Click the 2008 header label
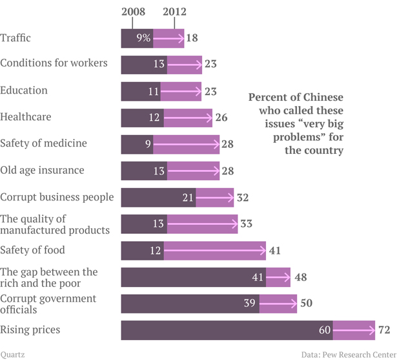tap(133, 12)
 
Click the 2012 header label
tap(174, 12)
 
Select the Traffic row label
tap(15, 38)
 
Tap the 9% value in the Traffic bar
tap(143, 38)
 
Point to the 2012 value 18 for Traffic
tap(192, 38)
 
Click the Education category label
tap(24, 90)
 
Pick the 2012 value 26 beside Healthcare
tap(220, 117)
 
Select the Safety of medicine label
tap(43, 143)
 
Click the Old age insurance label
tap(42, 171)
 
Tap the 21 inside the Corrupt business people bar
tap(188, 197)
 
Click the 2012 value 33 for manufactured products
tap(245, 224)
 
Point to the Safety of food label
tap(32, 250)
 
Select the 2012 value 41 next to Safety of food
tap(274, 251)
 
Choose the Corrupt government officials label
tap(48, 304)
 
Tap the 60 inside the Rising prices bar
tap(324, 330)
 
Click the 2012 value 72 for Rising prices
tap(383, 330)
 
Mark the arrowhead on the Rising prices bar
tap(371, 330)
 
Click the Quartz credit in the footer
tap(13, 354)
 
